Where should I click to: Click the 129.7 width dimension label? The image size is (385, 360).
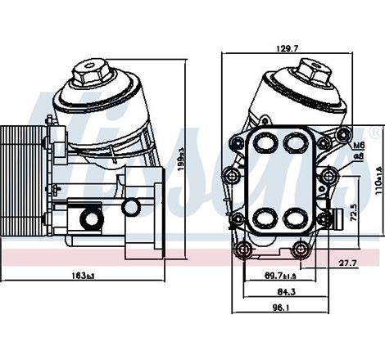click(x=287, y=49)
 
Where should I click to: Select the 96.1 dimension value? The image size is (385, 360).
click(x=281, y=309)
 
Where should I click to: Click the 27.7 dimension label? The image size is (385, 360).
click(x=347, y=263)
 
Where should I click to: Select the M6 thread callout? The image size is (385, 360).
click(x=358, y=145)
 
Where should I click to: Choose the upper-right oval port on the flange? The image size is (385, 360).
click(x=295, y=143)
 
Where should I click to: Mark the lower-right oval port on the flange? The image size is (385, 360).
click(x=295, y=219)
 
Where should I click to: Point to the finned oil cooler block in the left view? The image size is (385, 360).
click(x=19, y=182)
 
